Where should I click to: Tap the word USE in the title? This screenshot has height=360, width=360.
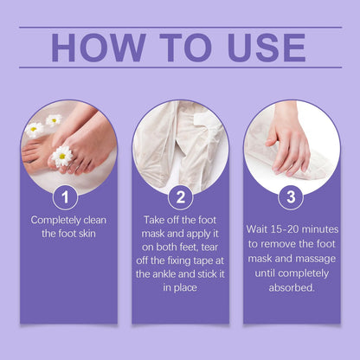(267, 48)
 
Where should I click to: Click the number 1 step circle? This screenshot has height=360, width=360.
(65, 197)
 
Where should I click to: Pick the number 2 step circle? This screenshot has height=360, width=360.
(180, 197)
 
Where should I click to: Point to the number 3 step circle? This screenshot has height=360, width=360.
(291, 196)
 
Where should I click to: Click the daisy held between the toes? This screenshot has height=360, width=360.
(61, 157)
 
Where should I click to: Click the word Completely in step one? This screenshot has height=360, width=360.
(52, 221)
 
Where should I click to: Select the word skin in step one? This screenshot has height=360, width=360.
(87, 234)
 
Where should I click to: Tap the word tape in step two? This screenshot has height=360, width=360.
(197, 261)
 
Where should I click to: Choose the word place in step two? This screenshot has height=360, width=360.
(186, 288)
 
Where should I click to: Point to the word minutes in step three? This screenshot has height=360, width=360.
(319, 229)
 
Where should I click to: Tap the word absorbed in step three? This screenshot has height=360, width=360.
(292, 287)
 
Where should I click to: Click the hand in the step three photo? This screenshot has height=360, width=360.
(288, 141)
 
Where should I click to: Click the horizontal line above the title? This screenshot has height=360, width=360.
(180, 28)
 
